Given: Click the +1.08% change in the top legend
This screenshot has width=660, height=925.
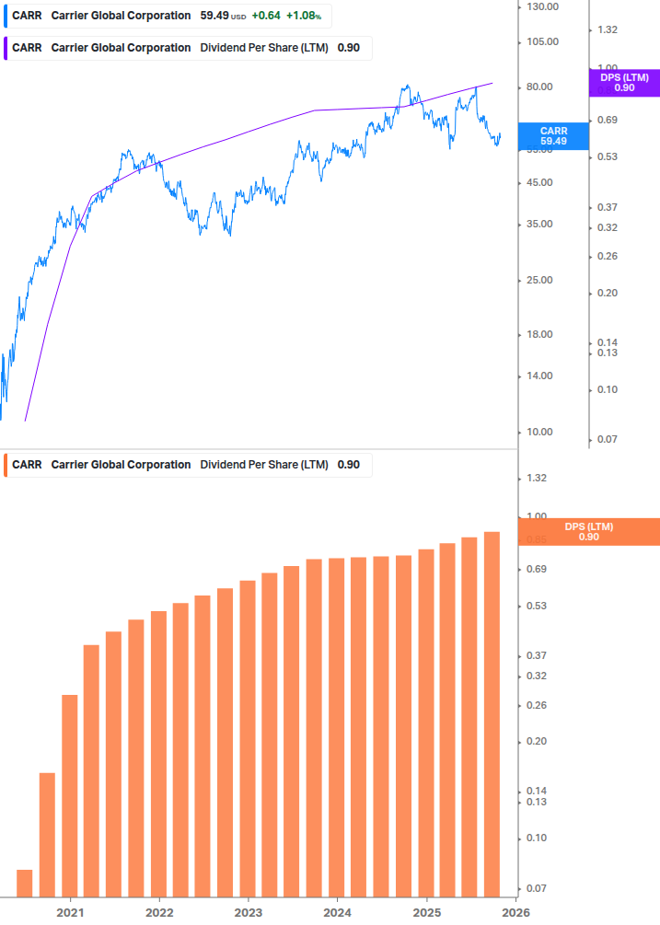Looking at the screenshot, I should [x=304, y=16].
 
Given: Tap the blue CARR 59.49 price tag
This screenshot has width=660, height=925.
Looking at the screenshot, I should [x=553, y=136].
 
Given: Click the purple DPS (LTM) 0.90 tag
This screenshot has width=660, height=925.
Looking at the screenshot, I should [x=624, y=83].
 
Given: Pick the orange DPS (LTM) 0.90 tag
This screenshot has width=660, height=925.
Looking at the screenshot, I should [x=588, y=531].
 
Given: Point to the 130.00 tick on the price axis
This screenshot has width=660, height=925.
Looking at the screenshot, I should [x=540, y=7].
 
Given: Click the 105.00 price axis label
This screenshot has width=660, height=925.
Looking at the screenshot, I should [x=540, y=41].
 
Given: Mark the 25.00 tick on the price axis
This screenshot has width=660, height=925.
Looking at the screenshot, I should [x=540, y=280].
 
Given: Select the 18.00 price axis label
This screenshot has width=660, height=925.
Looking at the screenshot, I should [x=540, y=334].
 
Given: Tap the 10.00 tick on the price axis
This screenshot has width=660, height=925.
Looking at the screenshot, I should [x=540, y=432].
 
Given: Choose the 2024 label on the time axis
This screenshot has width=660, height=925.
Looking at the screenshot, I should [x=337, y=912].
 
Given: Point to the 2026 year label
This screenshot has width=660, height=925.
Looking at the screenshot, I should [x=515, y=912].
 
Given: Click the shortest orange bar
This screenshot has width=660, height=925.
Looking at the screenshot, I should [x=25, y=884].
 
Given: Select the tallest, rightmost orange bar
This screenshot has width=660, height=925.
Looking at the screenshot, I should [x=492, y=713].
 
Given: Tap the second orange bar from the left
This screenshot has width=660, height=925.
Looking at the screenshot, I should [x=47, y=835].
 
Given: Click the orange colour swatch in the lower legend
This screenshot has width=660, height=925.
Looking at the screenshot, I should [x=5, y=465].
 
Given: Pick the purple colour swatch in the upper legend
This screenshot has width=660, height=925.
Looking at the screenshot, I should [x=5, y=48].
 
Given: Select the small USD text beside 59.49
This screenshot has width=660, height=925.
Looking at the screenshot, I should [x=237, y=17].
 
